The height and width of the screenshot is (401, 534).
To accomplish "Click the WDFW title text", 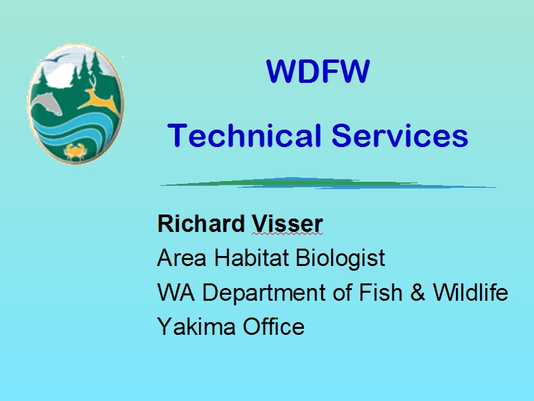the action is pos(318,72).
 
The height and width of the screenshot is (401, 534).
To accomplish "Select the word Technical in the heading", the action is pos(244,136).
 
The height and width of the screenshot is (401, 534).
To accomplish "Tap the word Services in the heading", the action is pos(400,136).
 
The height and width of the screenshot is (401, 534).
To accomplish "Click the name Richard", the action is pos(201,224).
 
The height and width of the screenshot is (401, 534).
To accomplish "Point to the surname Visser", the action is pos(287,224).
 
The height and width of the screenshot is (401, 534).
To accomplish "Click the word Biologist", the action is pos(340,259).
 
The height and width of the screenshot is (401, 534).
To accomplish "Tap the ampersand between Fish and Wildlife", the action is pos(418,293).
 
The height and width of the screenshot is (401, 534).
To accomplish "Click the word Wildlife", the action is pos(471,292).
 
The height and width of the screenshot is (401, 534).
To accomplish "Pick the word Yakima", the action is pos(196,326).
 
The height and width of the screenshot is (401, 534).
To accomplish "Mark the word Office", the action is pos(274,326).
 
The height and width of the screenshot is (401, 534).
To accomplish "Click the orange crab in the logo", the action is pos(75,152).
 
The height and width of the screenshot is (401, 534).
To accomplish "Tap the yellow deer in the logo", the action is pos(99,97).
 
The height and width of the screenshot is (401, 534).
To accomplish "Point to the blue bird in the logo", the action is pos(56,58).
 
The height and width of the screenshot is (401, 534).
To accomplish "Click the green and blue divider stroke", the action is pos(328,183).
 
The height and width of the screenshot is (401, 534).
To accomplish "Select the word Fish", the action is pos(380,293).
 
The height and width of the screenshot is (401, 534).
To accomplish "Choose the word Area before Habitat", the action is pos(182,258).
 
